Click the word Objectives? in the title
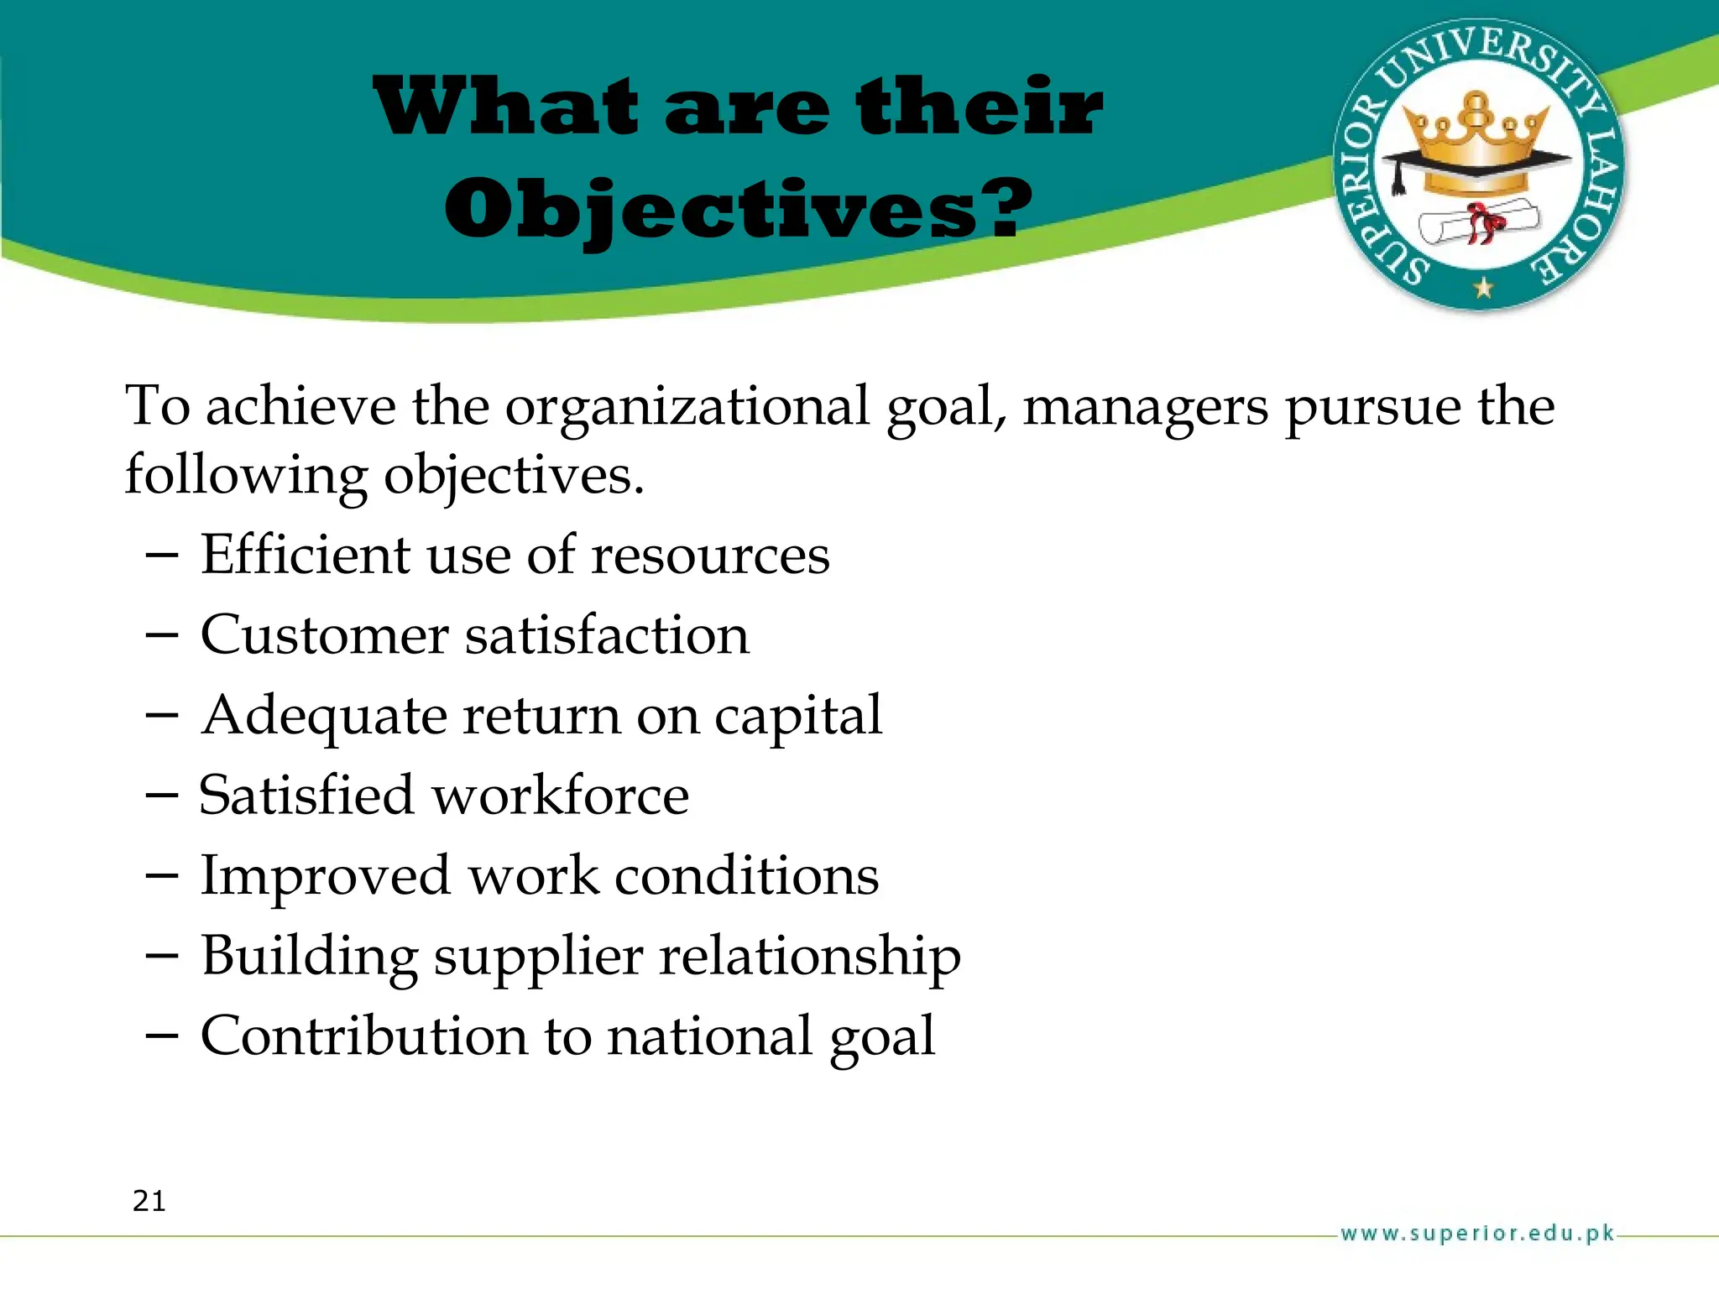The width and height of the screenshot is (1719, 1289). (739, 210)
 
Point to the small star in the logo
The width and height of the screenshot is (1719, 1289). (1484, 288)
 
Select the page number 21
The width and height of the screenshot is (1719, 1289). (149, 1201)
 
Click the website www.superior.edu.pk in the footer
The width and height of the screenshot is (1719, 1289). (1477, 1234)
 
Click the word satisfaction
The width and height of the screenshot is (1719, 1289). (607, 635)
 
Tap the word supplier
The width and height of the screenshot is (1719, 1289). (538, 957)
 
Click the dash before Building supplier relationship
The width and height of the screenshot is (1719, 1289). (161, 957)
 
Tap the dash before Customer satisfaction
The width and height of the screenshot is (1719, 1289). (161, 635)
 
